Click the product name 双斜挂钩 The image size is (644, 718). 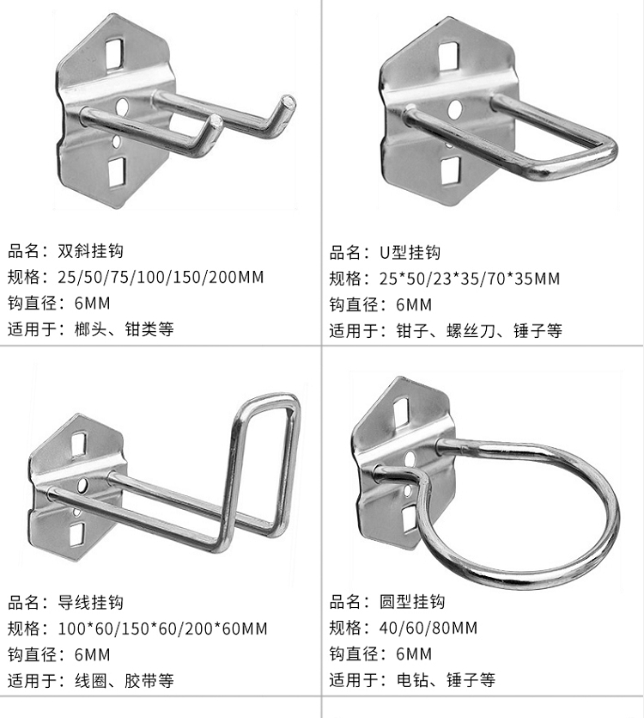[x=90, y=251]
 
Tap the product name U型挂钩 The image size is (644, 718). [x=410, y=252]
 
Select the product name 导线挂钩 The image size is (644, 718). [x=90, y=602]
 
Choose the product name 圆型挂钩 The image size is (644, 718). [x=411, y=601]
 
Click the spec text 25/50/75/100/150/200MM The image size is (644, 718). [x=161, y=277]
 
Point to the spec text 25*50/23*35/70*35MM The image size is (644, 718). [x=470, y=279]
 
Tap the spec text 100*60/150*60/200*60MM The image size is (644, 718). [x=162, y=629]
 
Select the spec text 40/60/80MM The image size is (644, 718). [x=428, y=628]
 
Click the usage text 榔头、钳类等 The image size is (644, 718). [x=124, y=328]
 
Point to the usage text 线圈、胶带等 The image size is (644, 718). [x=124, y=680]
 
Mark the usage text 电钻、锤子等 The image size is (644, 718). [x=446, y=679]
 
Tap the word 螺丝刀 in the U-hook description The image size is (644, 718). [x=471, y=330]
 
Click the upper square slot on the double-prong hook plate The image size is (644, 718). [x=114, y=54]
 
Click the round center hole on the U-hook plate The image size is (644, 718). [x=454, y=109]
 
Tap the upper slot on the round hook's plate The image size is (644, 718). [x=401, y=410]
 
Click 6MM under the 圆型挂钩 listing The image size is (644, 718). [x=414, y=654]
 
